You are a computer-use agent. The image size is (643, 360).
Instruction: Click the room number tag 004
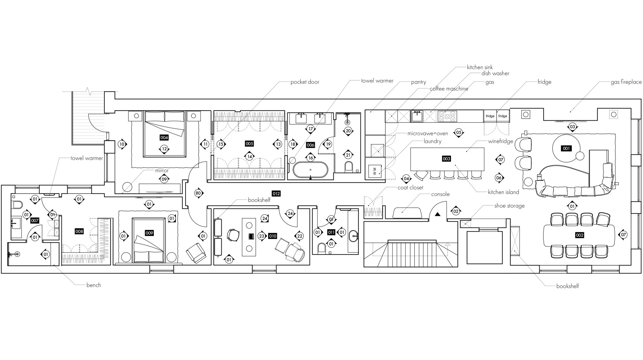(164, 138)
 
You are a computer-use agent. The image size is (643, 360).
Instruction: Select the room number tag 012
(276, 194)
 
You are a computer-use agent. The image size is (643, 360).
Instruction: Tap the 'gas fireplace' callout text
(626, 82)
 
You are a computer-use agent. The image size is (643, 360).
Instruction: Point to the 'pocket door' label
(305, 82)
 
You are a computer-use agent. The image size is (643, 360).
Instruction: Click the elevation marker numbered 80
(198, 193)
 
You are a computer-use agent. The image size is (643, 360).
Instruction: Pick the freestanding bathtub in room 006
(311, 170)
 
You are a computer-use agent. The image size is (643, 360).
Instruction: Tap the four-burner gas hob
(447, 116)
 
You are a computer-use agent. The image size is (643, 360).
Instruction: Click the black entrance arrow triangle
(437, 214)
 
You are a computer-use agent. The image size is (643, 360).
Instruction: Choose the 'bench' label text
(94, 285)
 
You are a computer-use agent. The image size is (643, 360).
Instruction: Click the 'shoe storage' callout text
(509, 206)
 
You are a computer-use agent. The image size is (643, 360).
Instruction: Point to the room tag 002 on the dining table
(579, 235)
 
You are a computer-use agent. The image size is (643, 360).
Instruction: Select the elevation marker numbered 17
(310, 129)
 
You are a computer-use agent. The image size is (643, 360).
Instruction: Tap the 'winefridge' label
(501, 141)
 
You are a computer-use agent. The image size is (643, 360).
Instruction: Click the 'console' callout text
(440, 194)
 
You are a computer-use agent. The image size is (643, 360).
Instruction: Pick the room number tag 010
(273, 236)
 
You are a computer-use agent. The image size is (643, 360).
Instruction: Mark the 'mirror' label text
(162, 171)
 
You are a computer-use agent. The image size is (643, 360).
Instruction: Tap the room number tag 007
(35, 221)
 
